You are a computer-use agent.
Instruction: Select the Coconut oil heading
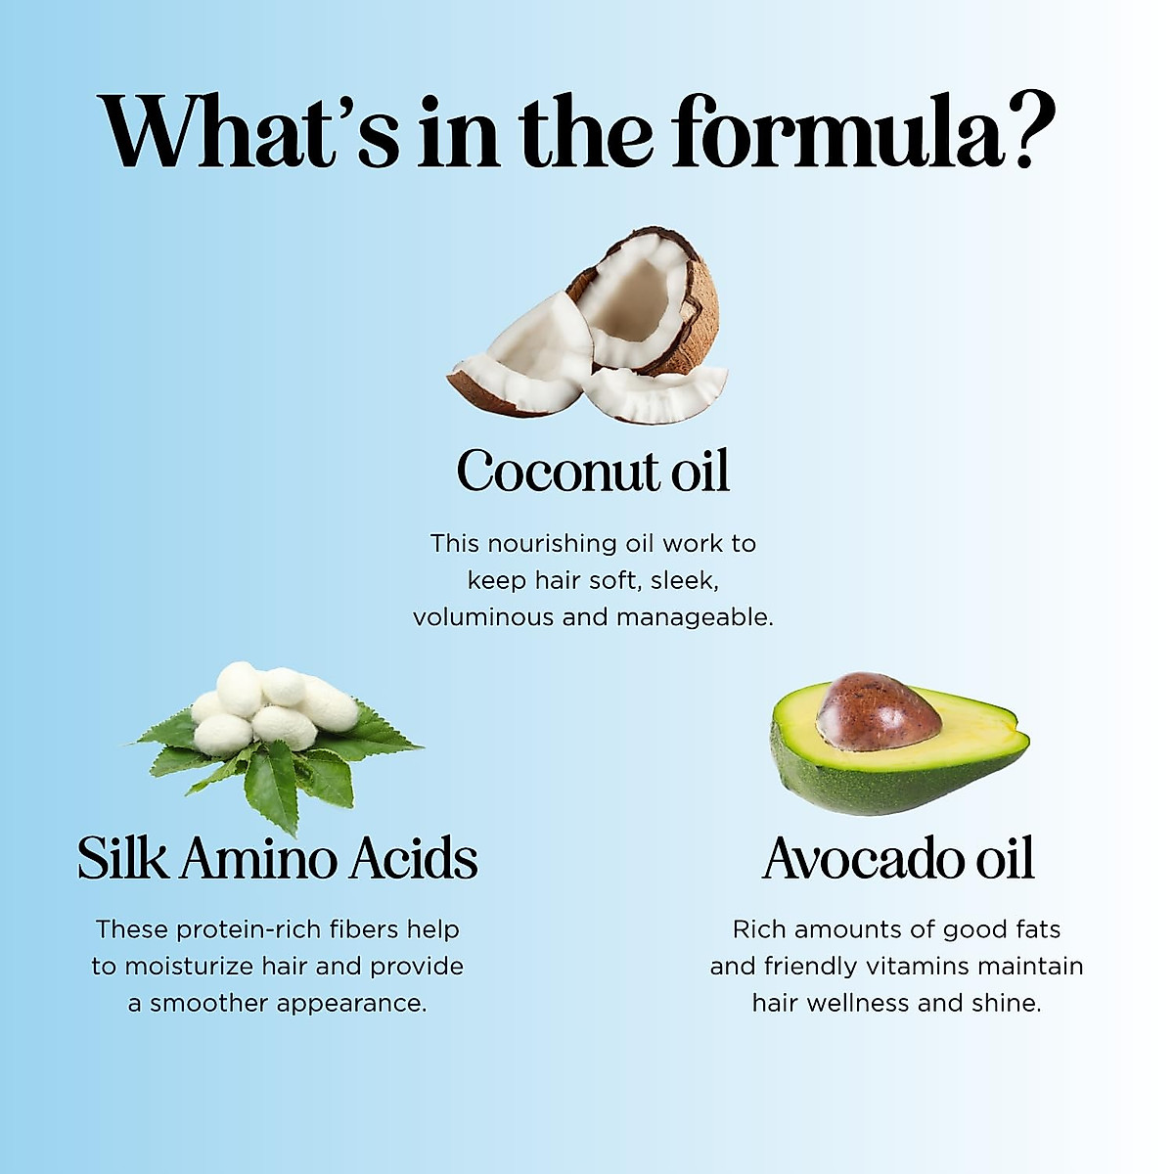(x=593, y=471)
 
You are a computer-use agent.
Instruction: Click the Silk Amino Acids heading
(x=278, y=857)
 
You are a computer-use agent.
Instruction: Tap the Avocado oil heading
(x=898, y=857)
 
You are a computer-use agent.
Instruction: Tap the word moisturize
(x=190, y=967)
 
